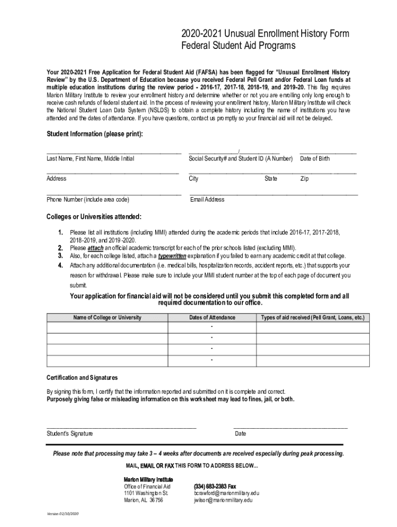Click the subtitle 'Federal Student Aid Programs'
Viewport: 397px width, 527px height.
(238, 46)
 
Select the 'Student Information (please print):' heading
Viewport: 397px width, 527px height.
(95, 134)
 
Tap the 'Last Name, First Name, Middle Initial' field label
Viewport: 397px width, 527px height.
(90, 159)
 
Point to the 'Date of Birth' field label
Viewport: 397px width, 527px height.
(315, 159)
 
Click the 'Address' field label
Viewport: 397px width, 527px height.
(56, 179)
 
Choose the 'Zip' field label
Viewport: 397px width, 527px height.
(305, 179)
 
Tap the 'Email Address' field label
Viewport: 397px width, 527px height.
(207, 199)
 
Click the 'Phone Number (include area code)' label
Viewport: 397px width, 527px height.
(88, 199)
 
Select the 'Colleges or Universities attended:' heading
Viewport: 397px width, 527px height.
(94, 216)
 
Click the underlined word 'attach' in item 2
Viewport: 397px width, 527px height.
(96, 248)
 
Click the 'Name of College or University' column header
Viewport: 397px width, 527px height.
(107, 318)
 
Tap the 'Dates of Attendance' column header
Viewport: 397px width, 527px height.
(212, 318)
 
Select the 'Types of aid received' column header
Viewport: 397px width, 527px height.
(313, 318)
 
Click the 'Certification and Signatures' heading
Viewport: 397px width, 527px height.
(82, 378)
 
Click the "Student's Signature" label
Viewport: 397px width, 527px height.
(70, 433)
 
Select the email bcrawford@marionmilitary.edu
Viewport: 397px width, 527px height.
(226, 493)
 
